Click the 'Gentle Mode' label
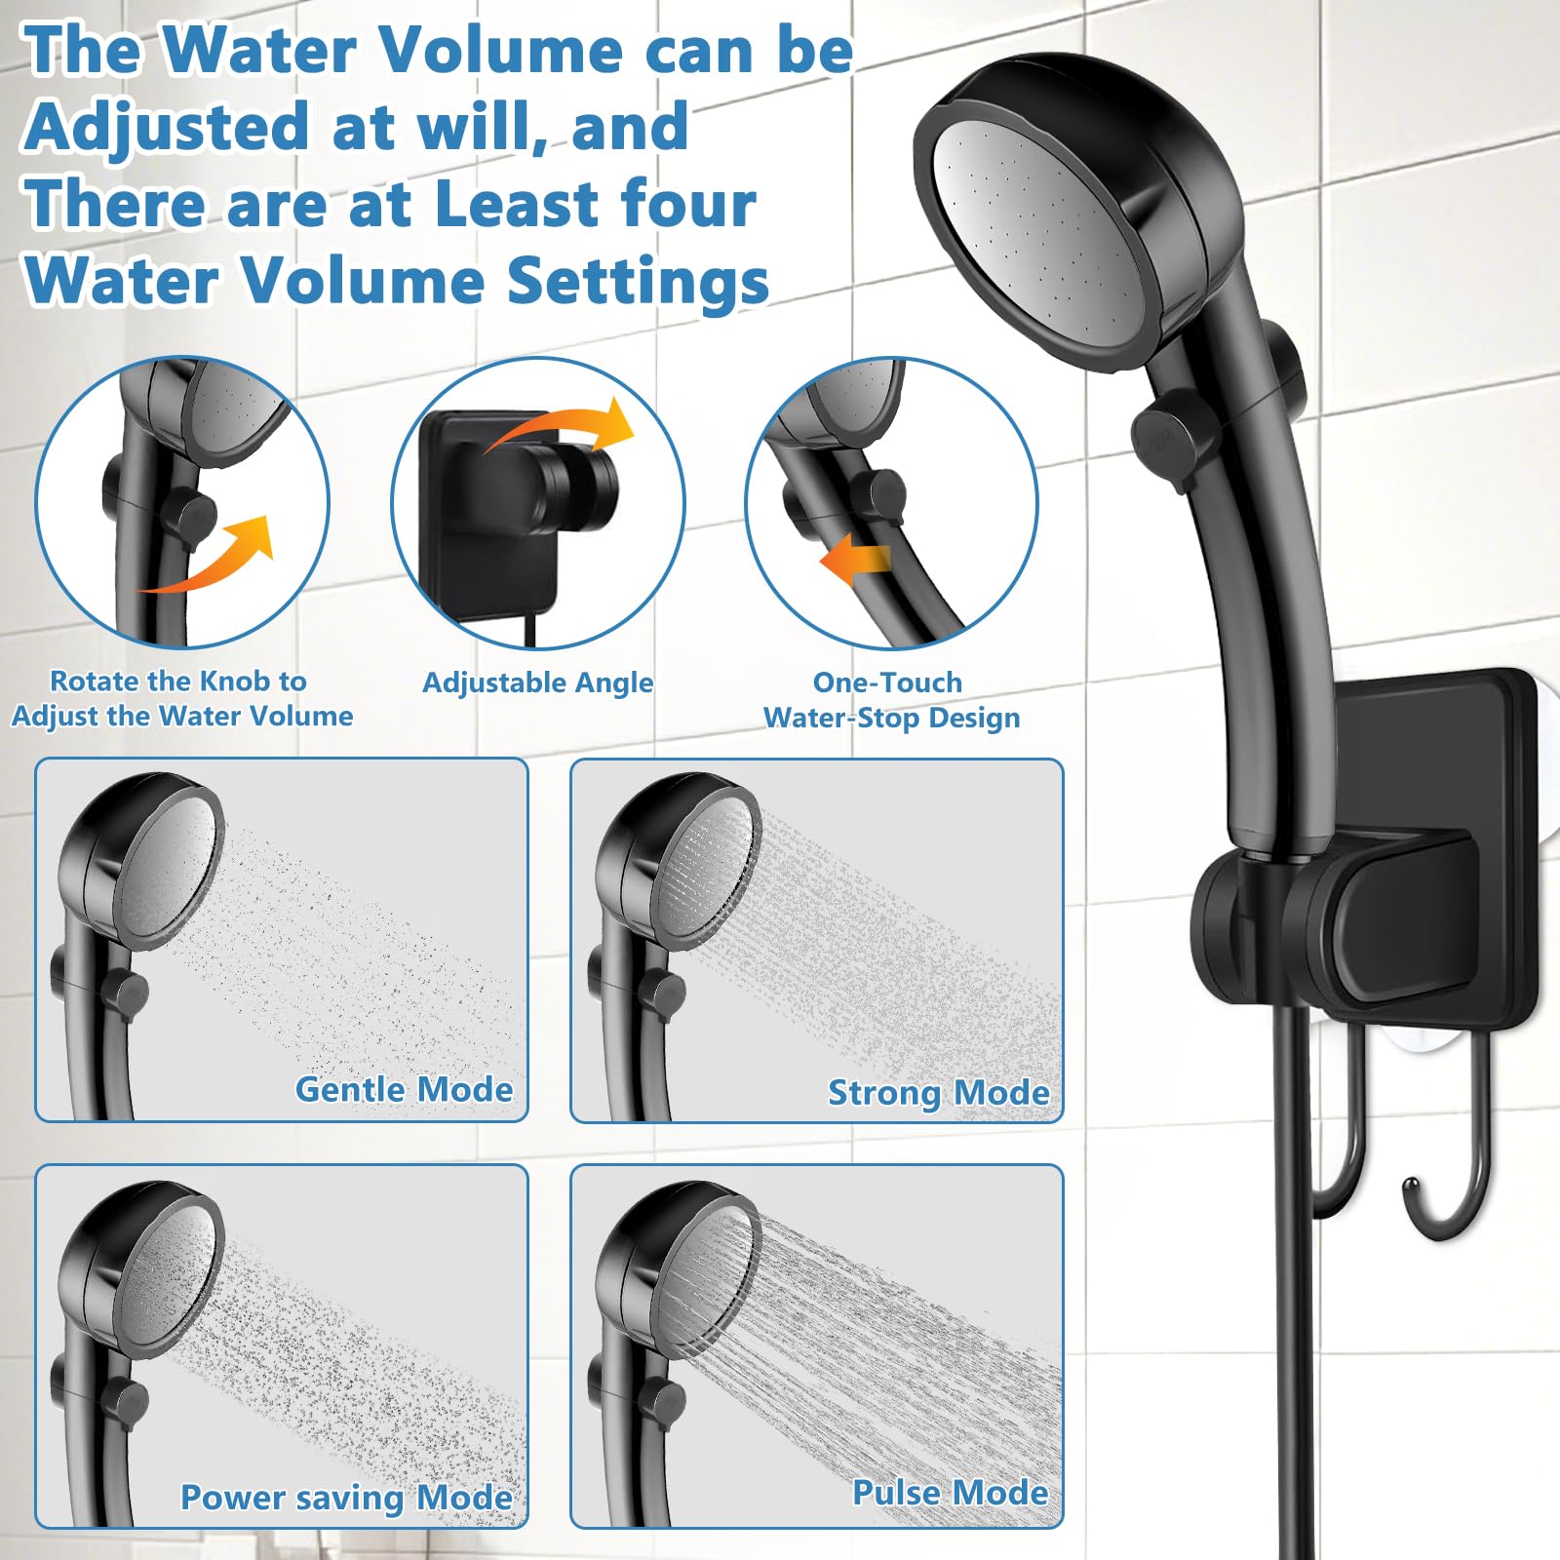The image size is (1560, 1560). coord(404,1089)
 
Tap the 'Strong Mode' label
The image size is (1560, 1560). coord(939,1093)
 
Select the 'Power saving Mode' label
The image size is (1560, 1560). coord(346,1498)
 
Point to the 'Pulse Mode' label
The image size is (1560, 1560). coord(951,1493)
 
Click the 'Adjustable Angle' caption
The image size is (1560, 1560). coord(537,683)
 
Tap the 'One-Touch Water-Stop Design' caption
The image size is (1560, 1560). coord(891,700)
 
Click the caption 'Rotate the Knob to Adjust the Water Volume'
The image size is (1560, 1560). coord(182,698)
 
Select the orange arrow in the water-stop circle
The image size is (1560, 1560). coord(854,560)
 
